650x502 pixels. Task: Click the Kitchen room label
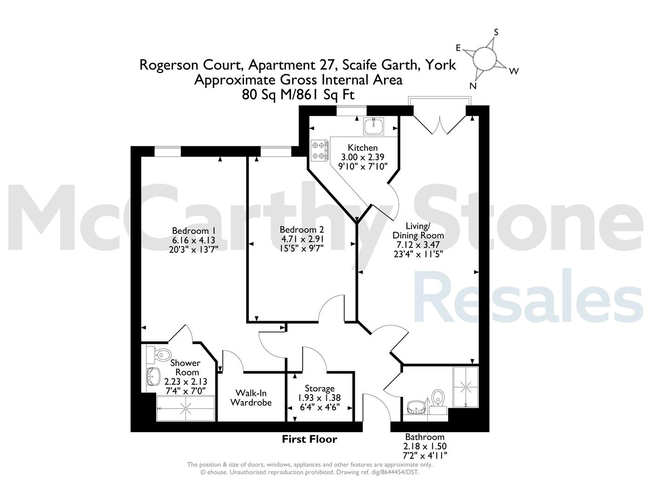(x=363, y=147)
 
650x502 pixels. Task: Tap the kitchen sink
(x=374, y=126)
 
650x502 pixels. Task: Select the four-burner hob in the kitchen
(x=319, y=151)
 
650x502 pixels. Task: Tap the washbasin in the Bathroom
(x=416, y=407)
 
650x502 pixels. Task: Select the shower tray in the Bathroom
(x=466, y=387)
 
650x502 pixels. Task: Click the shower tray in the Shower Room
(x=186, y=408)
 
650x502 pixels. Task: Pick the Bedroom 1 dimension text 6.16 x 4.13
(x=193, y=240)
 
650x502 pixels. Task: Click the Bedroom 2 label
(x=302, y=230)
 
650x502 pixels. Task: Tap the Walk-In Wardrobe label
(x=251, y=398)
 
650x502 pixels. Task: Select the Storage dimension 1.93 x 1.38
(x=319, y=398)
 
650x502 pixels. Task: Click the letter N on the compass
(x=473, y=86)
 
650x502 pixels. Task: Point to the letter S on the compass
(x=496, y=32)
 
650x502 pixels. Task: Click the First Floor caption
(x=310, y=439)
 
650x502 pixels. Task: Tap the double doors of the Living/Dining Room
(x=440, y=125)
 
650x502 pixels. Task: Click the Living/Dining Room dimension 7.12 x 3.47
(x=418, y=244)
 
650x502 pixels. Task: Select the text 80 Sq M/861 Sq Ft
(x=298, y=95)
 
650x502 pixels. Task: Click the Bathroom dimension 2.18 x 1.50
(x=425, y=446)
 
